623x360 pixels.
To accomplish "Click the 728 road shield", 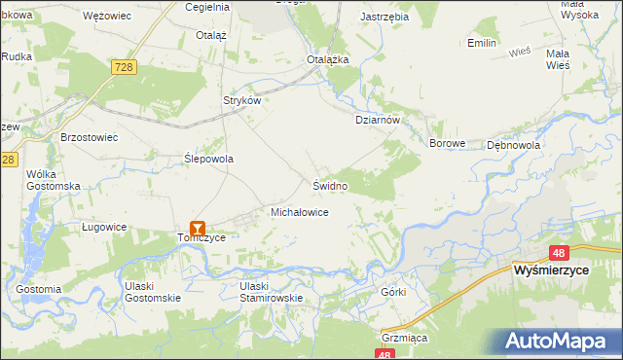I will click(x=122, y=65).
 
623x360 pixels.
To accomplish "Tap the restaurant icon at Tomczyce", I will click(x=199, y=230).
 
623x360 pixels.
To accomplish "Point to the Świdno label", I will click(x=330, y=184).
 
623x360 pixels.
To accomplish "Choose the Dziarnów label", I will click(x=377, y=120).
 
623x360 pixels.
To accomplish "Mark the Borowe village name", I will click(x=449, y=143).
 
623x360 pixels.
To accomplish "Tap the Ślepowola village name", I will click(x=209, y=158).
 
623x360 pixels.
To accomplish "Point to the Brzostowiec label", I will click(x=89, y=137).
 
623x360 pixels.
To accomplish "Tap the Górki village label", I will click(x=393, y=292).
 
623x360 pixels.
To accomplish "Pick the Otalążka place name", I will click(x=328, y=59).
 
